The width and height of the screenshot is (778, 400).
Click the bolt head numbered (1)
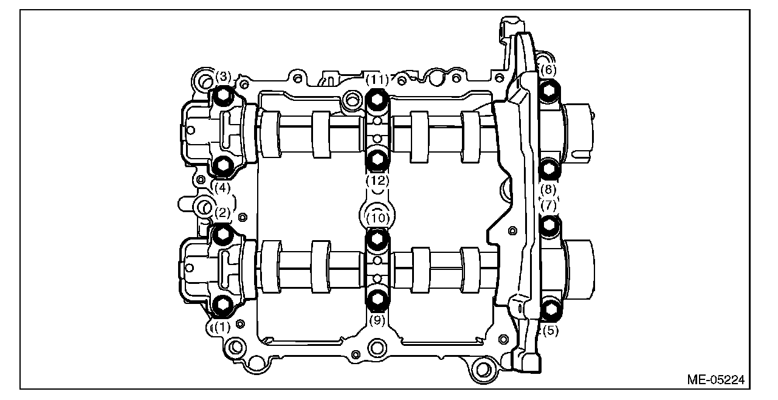[x=223, y=305]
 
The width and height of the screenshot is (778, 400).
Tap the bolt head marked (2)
[x=223, y=234]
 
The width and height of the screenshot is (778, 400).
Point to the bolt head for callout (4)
[x=223, y=165]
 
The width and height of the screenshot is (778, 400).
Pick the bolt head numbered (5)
[x=550, y=309]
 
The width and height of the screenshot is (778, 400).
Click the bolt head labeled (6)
[x=549, y=92]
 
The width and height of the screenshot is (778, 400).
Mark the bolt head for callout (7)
[x=549, y=226]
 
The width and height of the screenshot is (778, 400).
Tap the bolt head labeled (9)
[x=377, y=298]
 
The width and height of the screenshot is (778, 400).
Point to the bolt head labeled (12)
[x=377, y=159]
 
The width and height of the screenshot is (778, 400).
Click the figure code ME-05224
[x=715, y=380]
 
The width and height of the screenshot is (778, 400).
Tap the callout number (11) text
[x=377, y=79]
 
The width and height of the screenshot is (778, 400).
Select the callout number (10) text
[x=377, y=217]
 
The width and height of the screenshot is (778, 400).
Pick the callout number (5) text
[x=550, y=331]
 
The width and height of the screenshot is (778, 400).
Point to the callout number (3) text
[x=224, y=77]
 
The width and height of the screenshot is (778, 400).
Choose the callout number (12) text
[x=377, y=181]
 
